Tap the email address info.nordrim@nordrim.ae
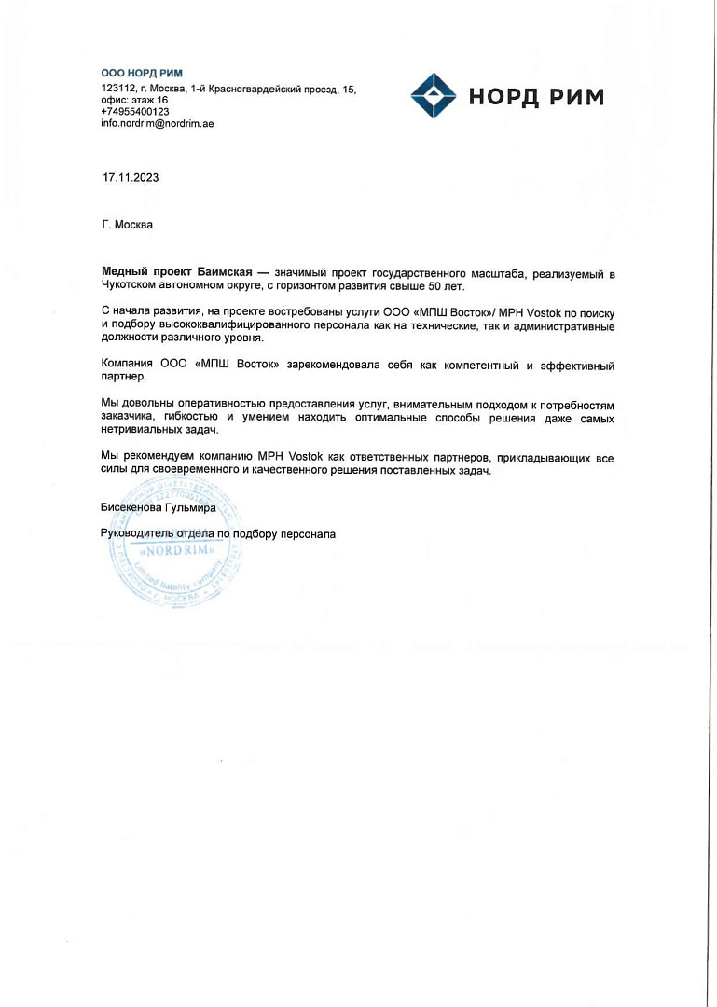click(x=158, y=123)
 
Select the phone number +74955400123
click(x=135, y=111)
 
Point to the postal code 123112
click(x=117, y=89)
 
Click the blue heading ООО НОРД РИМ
click(x=142, y=73)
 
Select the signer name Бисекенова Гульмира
click(x=158, y=508)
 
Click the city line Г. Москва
click(x=127, y=224)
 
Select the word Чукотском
click(x=132, y=284)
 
